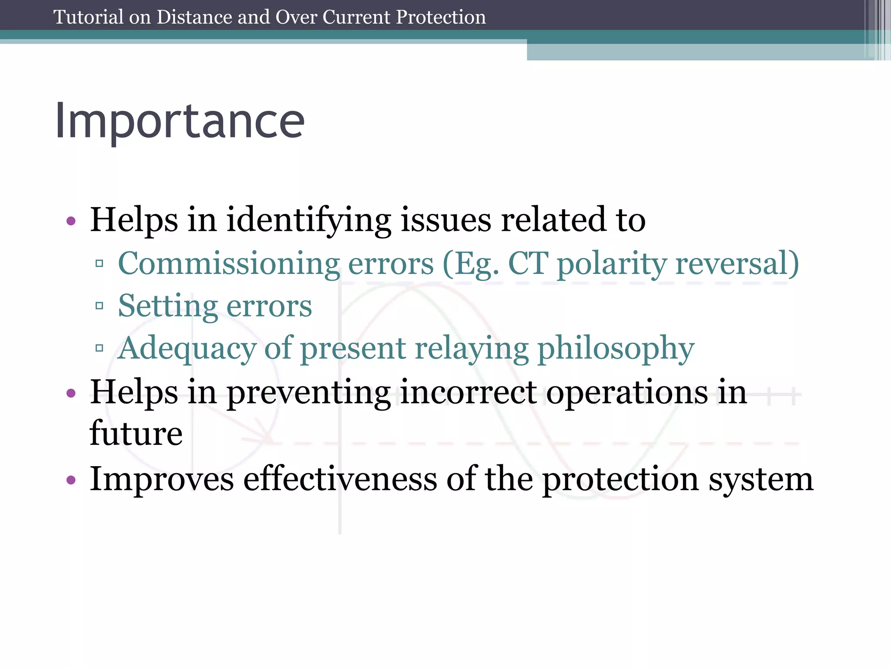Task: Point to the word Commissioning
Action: point(229,264)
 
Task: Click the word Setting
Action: point(167,306)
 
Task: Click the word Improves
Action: point(162,479)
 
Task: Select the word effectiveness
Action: point(340,478)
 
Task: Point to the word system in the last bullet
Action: point(761,479)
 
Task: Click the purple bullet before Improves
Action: point(71,480)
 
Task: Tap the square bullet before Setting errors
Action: point(99,306)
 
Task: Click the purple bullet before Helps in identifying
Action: point(71,221)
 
